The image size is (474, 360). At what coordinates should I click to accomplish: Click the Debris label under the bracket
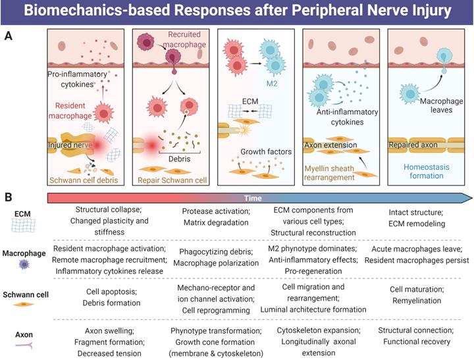tap(176, 159)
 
